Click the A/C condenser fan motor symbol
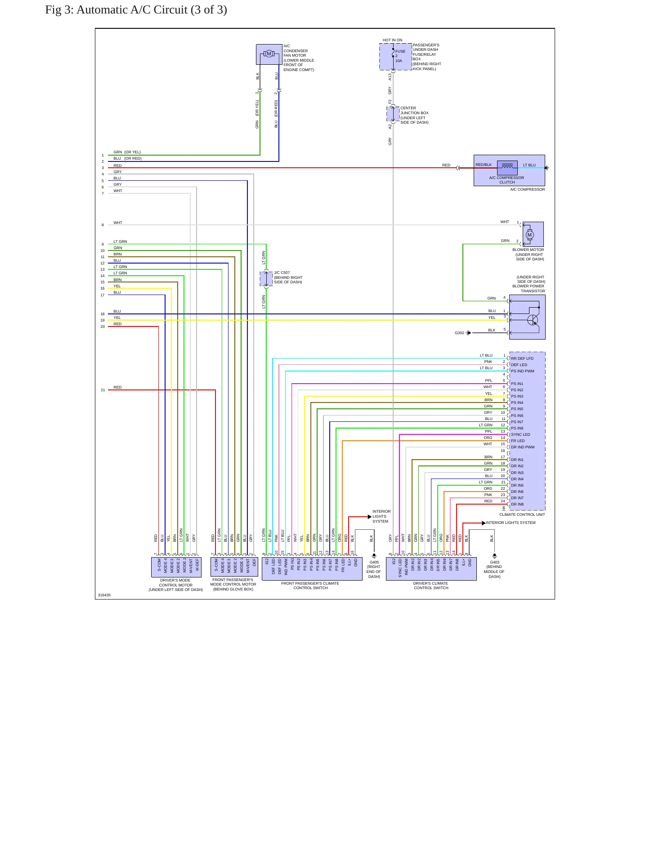tap(269, 54)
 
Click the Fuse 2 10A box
tap(395, 57)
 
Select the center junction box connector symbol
tap(393, 114)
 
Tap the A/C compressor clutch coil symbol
tap(507, 167)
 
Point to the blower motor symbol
tap(529, 234)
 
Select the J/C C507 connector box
tap(266, 279)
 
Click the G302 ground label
tap(459, 333)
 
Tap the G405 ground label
tap(374, 562)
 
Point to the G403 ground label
tap(494, 562)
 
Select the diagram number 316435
tap(104, 595)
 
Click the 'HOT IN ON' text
tap(392, 40)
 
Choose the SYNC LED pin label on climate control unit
tap(520, 434)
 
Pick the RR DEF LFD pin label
tap(522, 358)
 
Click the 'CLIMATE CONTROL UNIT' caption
tap(522, 514)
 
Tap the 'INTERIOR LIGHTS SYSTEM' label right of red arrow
tap(511, 523)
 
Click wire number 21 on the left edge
tap(103, 390)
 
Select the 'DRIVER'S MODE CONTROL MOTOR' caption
tap(175, 585)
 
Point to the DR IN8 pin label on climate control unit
tap(517, 504)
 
